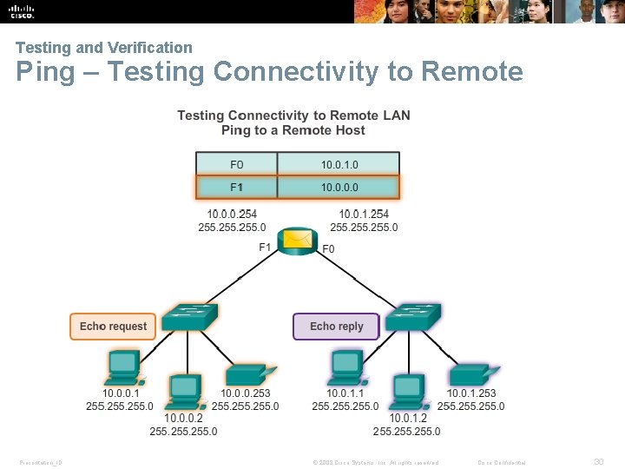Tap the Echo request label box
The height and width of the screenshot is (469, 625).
pyautogui.click(x=113, y=327)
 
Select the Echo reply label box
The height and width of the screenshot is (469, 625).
pyautogui.click(x=336, y=327)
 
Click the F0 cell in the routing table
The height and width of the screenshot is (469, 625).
pyautogui.click(x=237, y=164)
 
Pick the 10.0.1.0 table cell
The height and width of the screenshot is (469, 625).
pyautogui.click(x=339, y=164)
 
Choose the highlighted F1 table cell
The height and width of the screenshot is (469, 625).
pyautogui.click(x=237, y=188)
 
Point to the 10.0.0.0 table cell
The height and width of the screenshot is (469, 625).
pyautogui.click(x=339, y=188)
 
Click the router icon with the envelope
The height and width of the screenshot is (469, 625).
pyautogui.click(x=298, y=240)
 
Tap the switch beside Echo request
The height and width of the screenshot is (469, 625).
pyautogui.click(x=189, y=318)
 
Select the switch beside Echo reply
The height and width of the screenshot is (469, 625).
pyautogui.click(x=412, y=318)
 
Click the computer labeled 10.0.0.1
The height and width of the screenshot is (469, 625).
pyautogui.click(x=124, y=368)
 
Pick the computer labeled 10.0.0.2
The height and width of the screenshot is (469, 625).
pyautogui.click(x=185, y=391)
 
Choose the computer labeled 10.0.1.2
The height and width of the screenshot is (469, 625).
pyautogui.click(x=409, y=391)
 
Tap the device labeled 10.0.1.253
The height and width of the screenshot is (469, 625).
pyautogui.click(x=472, y=375)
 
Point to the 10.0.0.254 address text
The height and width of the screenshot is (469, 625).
pyautogui.click(x=232, y=215)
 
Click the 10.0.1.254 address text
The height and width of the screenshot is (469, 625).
pyautogui.click(x=364, y=215)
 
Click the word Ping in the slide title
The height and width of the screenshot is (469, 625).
pyautogui.click(x=46, y=71)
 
